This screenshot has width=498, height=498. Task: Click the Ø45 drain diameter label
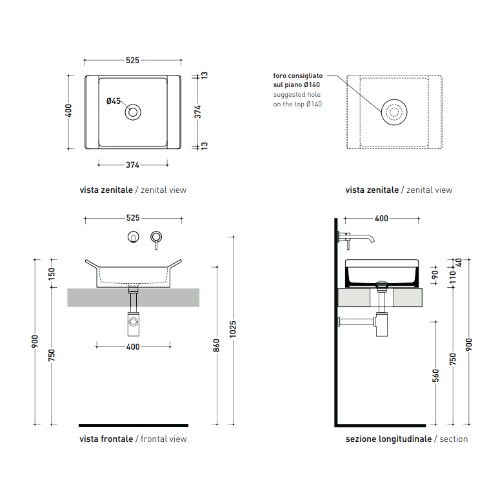pyautogui.click(x=114, y=101)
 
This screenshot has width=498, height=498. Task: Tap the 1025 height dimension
pyautogui.click(x=233, y=329)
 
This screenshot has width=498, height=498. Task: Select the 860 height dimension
pyautogui.click(x=216, y=345)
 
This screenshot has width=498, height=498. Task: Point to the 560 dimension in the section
pyautogui.click(x=436, y=375)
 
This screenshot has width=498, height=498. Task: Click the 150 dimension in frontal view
pyautogui.click(x=52, y=274)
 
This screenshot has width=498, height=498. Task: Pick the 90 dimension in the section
pyautogui.click(x=435, y=274)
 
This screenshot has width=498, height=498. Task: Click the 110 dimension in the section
pyautogui.click(x=453, y=277)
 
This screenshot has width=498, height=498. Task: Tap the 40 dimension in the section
pyautogui.click(x=459, y=263)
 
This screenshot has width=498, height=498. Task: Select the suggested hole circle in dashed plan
pyautogui.click(x=394, y=99)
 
